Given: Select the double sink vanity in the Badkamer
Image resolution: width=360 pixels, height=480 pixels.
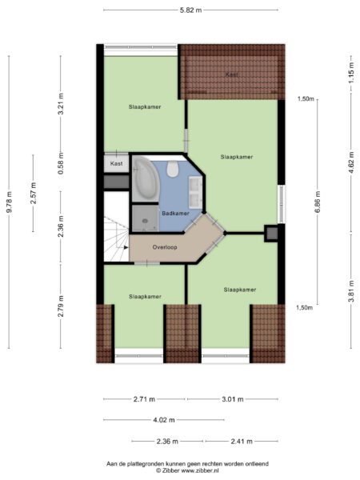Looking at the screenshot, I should [x=194, y=190].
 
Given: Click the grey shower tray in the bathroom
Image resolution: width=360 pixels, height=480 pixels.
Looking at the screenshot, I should [x=145, y=214].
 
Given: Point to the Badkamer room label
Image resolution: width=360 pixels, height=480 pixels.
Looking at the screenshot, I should [x=174, y=214].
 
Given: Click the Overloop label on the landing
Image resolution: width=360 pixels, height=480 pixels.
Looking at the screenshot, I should [x=165, y=247].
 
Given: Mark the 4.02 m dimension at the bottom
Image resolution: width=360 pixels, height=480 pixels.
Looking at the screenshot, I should [x=164, y=418].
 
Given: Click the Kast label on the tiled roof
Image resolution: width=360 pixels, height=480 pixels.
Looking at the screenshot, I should [x=231, y=74].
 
